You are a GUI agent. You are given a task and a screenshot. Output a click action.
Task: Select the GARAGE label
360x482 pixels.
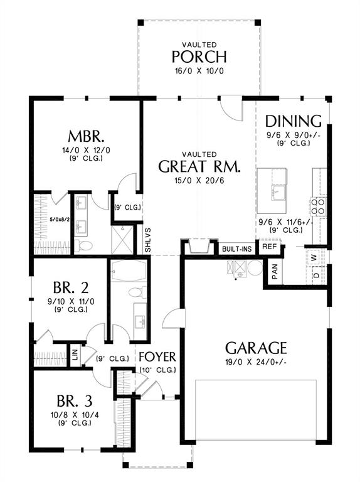pyautogui.click(x=256, y=347)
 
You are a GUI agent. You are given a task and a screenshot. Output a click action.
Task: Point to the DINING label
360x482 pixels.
pyautogui.click(x=293, y=120)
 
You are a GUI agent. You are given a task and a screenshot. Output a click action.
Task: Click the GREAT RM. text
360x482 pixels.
pyautogui.click(x=199, y=166)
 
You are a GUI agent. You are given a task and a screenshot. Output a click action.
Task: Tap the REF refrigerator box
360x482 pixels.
pyautogui.click(x=270, y=247)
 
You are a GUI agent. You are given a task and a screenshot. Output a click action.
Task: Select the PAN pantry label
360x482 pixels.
pyautogui.click(x=275, y=270)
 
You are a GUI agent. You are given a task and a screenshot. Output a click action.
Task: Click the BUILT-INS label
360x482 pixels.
pyautogui.click(x=236, y=249)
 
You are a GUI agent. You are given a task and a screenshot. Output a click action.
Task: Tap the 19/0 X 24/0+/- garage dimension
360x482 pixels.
pyautogui.click(x=256, y=362)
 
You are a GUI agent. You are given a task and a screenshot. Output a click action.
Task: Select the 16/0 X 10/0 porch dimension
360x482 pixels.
pyautogui.click(x=200, y=71)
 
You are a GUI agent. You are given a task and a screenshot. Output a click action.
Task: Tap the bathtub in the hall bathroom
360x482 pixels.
pyautogui.click(x=128, y=272)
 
